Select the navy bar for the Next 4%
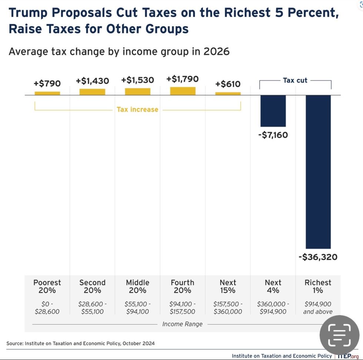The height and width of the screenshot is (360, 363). coord(273,111)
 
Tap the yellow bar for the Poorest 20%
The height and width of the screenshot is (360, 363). coord(47,93)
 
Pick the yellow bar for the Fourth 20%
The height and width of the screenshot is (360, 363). coord(183,91)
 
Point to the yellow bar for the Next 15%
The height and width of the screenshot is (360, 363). coord(228,93)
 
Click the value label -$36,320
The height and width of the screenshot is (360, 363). coord(318,257)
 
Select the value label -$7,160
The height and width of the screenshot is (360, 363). coord(273,135)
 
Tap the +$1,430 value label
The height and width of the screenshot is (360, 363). coord(92,81)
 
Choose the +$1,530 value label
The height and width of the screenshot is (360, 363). coord(137,80)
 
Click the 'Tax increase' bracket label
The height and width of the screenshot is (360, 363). coord(137,109)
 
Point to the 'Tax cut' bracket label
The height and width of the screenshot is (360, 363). coord(295,80)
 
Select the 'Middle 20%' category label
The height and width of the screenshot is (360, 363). coord(137,286)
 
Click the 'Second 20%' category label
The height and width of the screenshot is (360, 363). coord(92,286)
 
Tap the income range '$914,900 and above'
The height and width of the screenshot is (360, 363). coord(318,308)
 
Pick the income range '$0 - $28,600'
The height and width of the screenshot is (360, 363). coord(47,308)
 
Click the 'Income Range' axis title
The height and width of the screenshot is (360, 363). coord(182,324)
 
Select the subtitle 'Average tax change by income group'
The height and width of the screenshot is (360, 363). coord(119,51)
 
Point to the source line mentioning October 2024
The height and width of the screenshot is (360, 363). coord(80,343)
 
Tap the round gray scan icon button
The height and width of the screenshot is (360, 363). coord(339,334)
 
